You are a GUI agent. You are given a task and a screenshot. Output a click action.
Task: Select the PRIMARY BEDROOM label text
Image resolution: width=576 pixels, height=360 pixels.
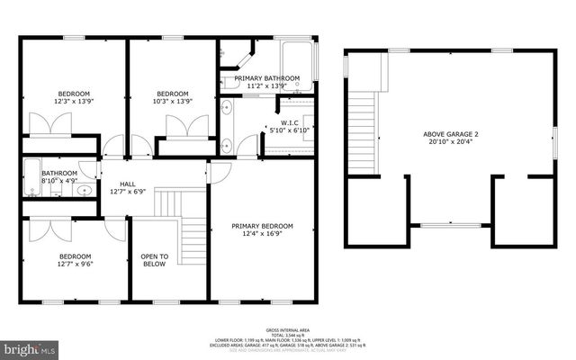tap(262, 226)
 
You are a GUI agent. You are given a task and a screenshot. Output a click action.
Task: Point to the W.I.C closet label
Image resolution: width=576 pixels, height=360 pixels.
tap(289, 122)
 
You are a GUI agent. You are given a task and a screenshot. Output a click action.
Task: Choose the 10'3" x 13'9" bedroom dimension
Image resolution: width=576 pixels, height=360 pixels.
tap(172, 103)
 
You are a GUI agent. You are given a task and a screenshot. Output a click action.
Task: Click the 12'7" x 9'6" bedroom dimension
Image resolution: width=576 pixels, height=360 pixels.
tap(76, 265)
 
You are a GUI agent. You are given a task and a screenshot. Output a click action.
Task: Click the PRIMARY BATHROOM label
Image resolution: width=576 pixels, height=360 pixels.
tap(266, 79)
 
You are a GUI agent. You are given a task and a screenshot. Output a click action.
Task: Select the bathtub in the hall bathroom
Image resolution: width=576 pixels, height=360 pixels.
tap(31, 176)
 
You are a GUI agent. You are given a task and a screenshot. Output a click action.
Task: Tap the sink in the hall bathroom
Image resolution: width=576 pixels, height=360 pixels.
tap(83, 190)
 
